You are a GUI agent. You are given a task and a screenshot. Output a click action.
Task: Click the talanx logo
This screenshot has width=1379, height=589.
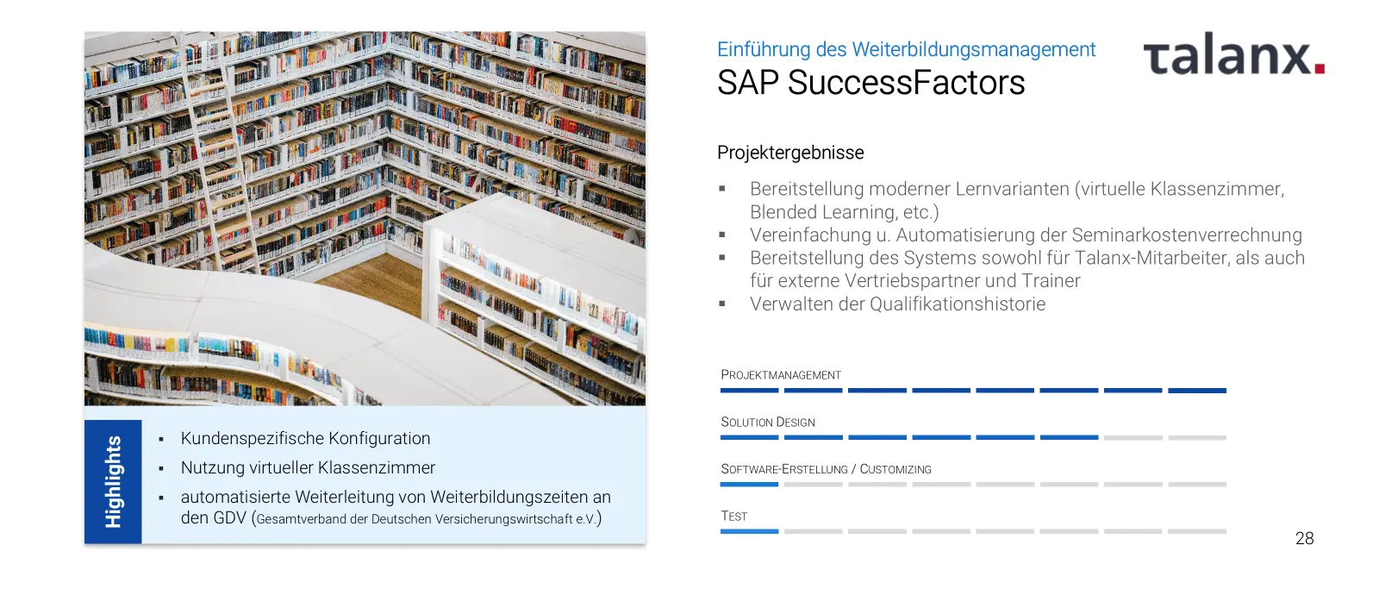(1233, 54)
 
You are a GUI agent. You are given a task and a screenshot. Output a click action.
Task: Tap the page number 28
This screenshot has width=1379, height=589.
(1305, 538)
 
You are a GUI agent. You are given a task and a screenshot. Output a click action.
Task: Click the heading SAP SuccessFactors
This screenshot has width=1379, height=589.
(871, 83)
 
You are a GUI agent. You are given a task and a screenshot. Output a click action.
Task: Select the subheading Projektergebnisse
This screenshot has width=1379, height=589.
(790, 152)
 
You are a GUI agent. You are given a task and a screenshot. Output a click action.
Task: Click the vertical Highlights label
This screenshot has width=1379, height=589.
(113, 482)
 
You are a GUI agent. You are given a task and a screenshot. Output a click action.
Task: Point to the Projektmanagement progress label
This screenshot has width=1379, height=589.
(781, 374)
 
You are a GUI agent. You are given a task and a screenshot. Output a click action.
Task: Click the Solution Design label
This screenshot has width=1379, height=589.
(768, 422)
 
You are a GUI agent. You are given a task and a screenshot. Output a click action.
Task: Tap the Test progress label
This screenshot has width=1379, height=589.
(733, 517)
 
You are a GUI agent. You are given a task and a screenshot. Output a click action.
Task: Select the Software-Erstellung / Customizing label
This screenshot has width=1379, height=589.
(827, 469)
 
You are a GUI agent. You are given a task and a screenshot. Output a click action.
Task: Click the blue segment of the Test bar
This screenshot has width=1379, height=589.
(749, 531)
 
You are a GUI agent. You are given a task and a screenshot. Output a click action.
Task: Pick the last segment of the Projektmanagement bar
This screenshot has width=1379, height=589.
(1197, 391)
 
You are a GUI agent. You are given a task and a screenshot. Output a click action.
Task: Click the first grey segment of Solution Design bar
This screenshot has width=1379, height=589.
(1133, 437)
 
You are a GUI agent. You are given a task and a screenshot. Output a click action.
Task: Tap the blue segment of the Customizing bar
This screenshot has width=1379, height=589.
(749, 485)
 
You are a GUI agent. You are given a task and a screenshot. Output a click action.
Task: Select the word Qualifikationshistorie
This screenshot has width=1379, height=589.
(958, 304)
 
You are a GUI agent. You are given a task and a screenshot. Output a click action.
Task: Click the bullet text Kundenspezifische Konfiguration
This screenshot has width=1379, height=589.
(305, 439)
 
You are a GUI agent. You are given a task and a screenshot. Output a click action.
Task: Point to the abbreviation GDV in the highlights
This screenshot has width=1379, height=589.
(229, 517)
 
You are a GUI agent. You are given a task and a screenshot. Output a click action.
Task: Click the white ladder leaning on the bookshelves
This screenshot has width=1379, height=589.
(221, 154)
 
